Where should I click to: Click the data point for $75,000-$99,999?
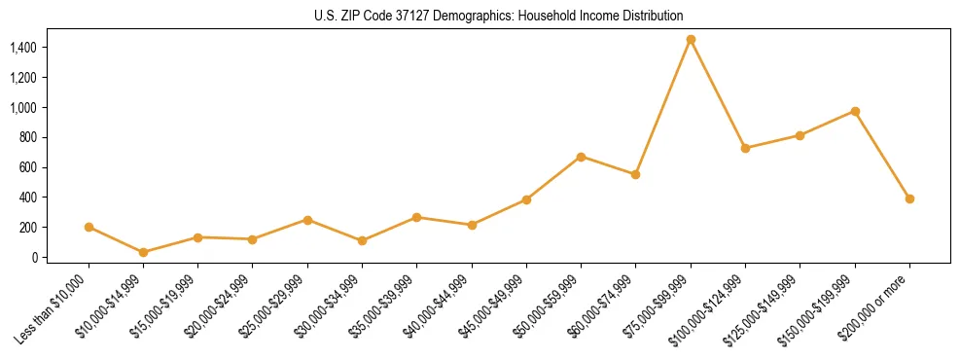pyautogui.click(x=691, y=40)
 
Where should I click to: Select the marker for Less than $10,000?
pyautogui.click(x=89, y=227)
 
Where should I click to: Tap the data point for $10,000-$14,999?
pyautogui.click(x=144, y=252)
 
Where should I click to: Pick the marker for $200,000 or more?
pyautogui.click(x=909, y=198)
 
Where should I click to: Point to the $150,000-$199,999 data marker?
pyautogui.click(x=855, y=111)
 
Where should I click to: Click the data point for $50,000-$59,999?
pyautogui.click(x=581, y=157)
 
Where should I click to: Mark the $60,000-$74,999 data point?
pyautogui.click(x=635, y=174)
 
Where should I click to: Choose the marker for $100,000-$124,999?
pyautogui.click(x=745, y=148)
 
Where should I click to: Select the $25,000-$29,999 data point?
pyautogui.click(x=307, y=220)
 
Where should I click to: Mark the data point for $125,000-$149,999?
pyautogui.click(x=800, y=135)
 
